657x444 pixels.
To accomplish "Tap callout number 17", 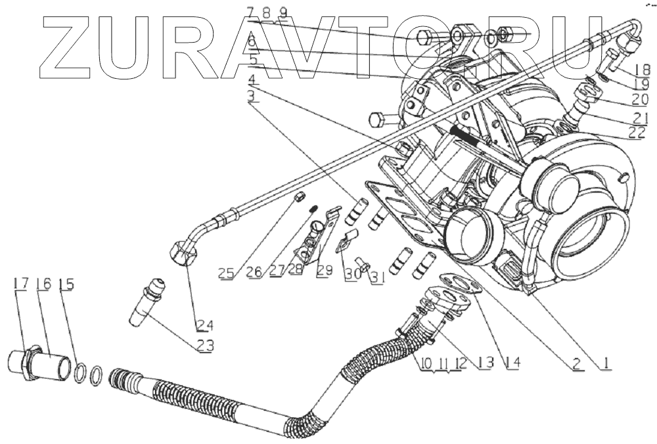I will pyautogui.click(x=20, y=284).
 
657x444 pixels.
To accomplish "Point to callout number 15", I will pyautogui.click(x=66, y=284).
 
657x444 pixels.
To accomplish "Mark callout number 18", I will pyautogui.click(x=642, y=69).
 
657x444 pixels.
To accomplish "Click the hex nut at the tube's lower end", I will pyautogui.click(x=182, y=253).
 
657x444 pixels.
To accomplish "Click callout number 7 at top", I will pyautogui.click(x=250, y=11).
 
